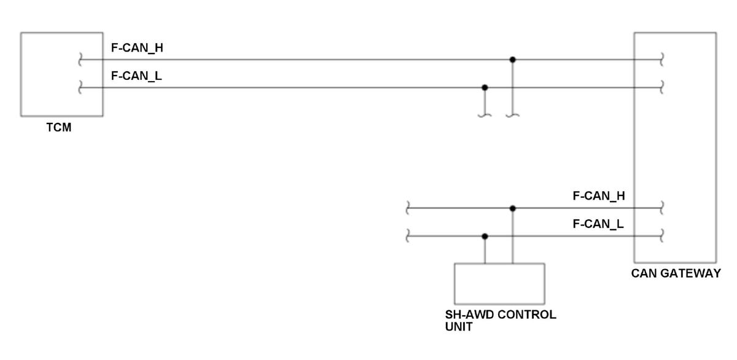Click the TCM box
click(x=61, y=74)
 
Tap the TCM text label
click(x=59, y=128)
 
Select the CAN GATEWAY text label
click(x=676, y=273)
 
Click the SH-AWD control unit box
click(x=499, y=283)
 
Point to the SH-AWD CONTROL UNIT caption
click(x=500, y=320)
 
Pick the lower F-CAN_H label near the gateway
click(x=599, y=196)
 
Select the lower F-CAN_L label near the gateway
click(x=598, y=224)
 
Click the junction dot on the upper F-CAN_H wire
click(x=513, y=60)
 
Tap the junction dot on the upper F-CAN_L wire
click(x=485, y=87)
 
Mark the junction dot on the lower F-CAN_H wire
click(x=513, y=208)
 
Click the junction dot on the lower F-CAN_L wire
click(x=485, y=236)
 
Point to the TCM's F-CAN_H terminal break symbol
click(x=80, y=60)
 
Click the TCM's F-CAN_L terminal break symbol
click(x=80, y=88)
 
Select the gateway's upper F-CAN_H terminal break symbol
click(x=661, y=60)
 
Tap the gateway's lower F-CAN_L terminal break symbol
click(x=661, y=236)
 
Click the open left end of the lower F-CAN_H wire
click(x=407, y=208)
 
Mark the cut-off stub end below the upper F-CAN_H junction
click(x=513, y=115)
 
